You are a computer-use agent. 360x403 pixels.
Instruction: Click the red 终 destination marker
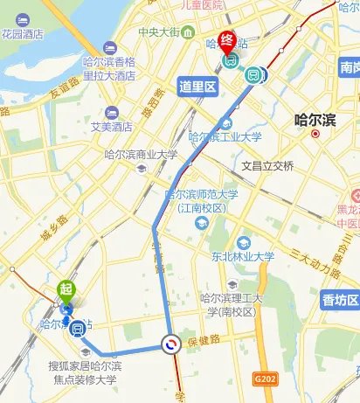227,40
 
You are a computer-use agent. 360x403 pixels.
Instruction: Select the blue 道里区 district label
197,87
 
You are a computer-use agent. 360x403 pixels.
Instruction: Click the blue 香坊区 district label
340,301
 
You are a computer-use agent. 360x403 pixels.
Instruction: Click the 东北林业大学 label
242,257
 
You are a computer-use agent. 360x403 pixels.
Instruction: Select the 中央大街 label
159,32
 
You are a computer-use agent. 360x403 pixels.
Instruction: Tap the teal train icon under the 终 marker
231,62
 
